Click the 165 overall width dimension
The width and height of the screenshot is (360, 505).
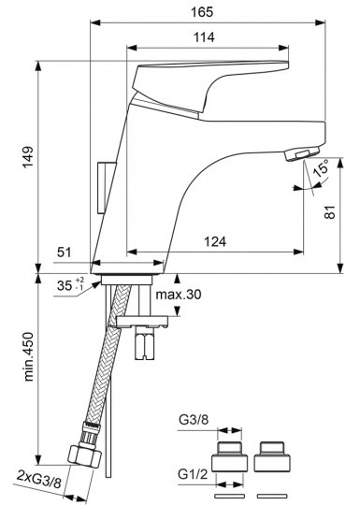pos(202,12)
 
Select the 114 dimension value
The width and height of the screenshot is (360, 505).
pos(204,37)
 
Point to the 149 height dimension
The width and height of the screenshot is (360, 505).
pos(28,157)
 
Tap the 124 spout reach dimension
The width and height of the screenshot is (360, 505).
pos(215,241)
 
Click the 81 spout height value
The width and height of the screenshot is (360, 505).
pos(330,212)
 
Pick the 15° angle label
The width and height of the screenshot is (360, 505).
pos(321,167)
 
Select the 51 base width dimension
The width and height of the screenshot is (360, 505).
pos(65,252)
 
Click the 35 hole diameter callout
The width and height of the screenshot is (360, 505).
pos(70,284)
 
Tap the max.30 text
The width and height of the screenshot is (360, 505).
pos(179,295)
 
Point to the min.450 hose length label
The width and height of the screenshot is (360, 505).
pos(29,357)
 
